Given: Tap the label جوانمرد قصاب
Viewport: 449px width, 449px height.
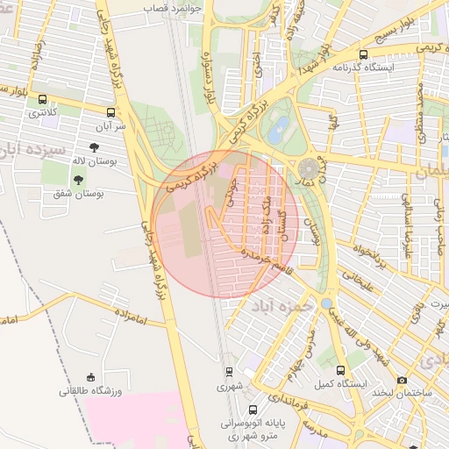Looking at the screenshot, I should (x=175, y=5).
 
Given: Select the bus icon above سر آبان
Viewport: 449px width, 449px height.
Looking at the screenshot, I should (x=110, y=112).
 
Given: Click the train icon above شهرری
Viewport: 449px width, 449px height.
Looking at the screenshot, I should (x=229, y=372).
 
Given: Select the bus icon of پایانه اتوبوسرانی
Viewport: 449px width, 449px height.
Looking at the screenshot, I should (x=253, y=410).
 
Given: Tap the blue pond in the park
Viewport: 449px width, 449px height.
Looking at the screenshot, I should (x=279, y=132).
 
